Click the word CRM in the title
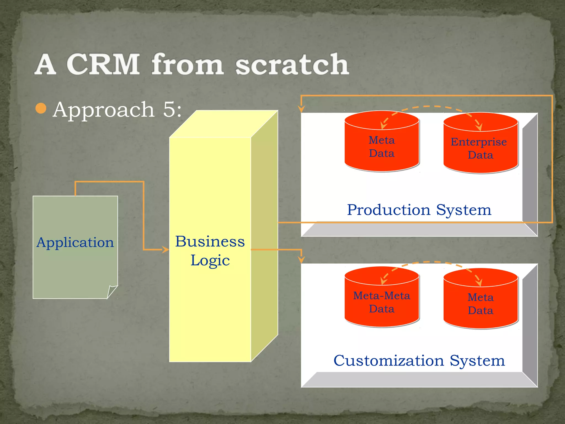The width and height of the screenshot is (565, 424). click(103, 64)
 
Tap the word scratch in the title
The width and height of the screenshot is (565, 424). click(292, 64)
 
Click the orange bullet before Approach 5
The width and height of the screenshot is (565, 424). click(41, 108)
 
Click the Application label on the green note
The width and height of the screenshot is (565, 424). click(75, 242)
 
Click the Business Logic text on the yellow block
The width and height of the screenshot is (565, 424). click(210, 251)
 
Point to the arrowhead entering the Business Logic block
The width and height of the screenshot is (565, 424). click(166, 250)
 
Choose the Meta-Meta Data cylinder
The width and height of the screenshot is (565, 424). click(382, 302)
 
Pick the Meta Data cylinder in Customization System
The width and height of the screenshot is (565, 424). click(480, 304)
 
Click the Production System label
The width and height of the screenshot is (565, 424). click(419, 210)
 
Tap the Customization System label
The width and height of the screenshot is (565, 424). click(419, 361)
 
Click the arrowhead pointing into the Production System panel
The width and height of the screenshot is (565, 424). click(302, 109)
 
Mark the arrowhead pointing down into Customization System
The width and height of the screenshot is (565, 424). click(302, 259)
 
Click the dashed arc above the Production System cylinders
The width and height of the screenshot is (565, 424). click(430, 106)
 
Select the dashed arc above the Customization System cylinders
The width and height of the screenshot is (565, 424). click(430, 262)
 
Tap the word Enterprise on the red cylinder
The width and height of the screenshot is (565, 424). click(479, 142)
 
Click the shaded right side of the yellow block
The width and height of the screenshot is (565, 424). click(264, 235)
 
